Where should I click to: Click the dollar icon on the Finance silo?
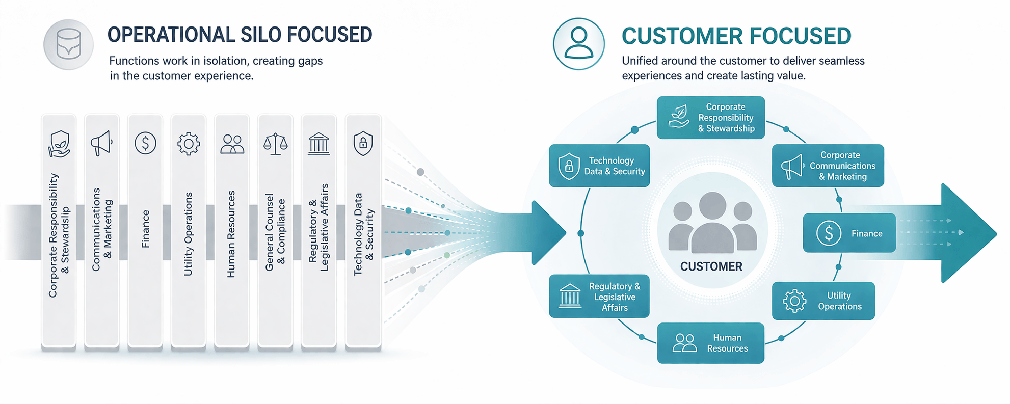(145, 143)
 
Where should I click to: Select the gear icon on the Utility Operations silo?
(189, 144)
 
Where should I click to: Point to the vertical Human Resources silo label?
(231, 234)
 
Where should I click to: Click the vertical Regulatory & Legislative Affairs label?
(318, 228)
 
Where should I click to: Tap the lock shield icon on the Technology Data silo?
(363, 144)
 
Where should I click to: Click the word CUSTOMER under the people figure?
(711, 266)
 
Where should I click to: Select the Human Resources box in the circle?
(710, 343)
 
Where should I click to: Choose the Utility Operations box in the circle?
(823, 301)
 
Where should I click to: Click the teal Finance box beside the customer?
(849, 233)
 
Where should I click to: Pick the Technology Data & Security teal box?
(599, 166)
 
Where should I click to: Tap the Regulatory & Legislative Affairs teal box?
(599, 297)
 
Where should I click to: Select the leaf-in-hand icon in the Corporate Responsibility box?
(679, 117)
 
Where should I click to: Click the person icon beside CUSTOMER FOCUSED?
(578, 44)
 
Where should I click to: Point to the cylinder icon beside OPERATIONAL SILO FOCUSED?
(68, 44)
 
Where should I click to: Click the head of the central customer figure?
(712, 205)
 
